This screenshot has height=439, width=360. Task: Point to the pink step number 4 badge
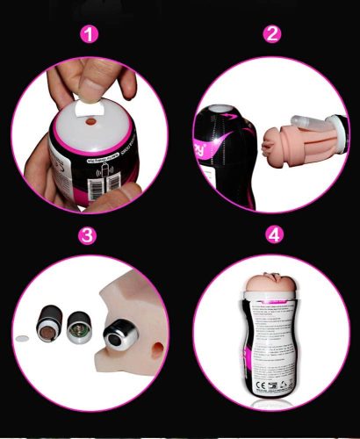coord(273,236)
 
